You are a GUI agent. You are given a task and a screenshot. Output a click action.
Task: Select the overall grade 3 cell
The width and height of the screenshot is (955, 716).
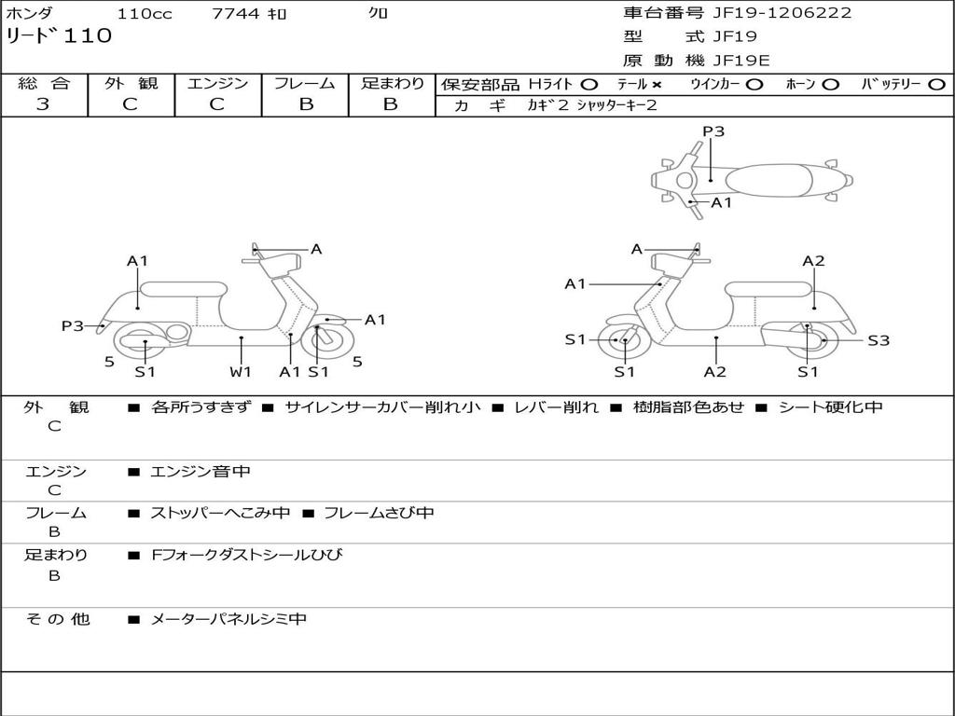click(43, 104)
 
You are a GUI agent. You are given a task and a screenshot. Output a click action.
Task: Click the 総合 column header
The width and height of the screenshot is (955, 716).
click(44, 84)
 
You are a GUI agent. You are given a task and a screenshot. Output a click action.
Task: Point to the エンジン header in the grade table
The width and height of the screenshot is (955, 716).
click(217, 84)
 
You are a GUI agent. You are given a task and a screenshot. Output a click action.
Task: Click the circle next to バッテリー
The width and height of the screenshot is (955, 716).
click(936, 85)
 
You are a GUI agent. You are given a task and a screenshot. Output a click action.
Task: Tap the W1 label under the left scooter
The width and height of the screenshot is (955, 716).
click(241, 372)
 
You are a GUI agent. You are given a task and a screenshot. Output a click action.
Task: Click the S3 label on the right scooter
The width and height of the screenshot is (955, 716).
click(878, 341)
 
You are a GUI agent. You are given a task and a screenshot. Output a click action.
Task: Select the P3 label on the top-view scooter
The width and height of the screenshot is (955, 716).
click(713, 131)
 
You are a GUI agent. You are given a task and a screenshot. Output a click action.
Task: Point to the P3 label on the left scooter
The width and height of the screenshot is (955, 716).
click(72, 325)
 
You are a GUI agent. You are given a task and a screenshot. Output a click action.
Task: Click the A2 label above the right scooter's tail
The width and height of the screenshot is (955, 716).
click(813, 261)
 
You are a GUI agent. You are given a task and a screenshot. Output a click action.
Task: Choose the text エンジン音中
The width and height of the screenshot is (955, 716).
click(201, 473)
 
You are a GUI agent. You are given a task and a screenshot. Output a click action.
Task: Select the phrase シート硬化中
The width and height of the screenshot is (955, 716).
click(830, 407)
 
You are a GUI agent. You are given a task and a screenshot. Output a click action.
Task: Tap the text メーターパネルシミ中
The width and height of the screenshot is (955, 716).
click(228, 619)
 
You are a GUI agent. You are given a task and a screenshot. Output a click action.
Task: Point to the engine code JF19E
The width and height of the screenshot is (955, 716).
click(740, 61)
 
